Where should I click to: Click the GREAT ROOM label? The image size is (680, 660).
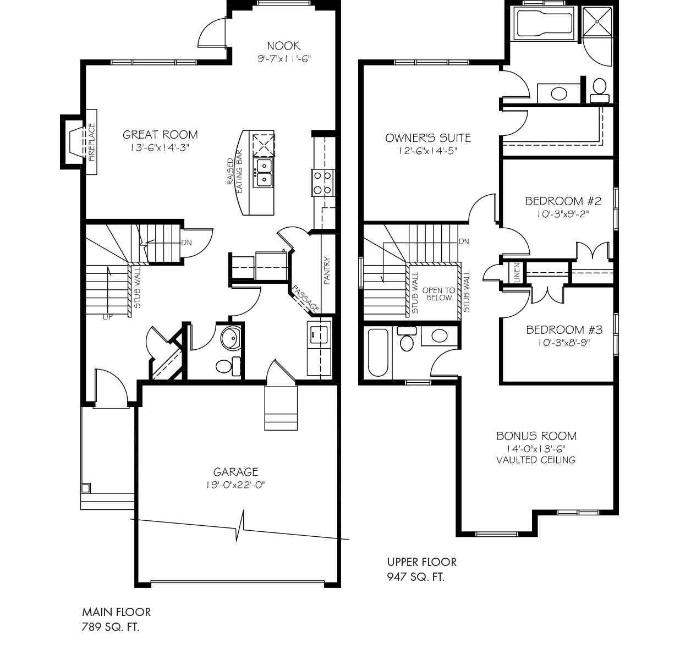(160, 135)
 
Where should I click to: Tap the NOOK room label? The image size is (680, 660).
(284, 46)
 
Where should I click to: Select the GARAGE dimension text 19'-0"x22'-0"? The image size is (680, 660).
(235, 485)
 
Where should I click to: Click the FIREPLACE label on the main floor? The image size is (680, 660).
(91, 142)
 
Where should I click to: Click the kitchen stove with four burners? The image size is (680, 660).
(322, 183)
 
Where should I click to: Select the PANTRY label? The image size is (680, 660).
(327, 270)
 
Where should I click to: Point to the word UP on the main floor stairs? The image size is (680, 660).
(107, 317)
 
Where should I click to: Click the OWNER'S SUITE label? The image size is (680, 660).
(427, 138)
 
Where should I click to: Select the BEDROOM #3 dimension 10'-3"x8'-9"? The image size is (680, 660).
(564, 342)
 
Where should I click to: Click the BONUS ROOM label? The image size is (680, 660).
(536, 436)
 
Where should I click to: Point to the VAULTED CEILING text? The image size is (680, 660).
(536, 460)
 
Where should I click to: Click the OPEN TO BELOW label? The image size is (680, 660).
(438, 294)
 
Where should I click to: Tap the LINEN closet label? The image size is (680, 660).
(517, 273)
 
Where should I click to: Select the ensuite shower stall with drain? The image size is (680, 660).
(597, 23)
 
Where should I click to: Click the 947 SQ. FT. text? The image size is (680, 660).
(415, 577)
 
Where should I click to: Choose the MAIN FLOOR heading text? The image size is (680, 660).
(116, 612)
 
